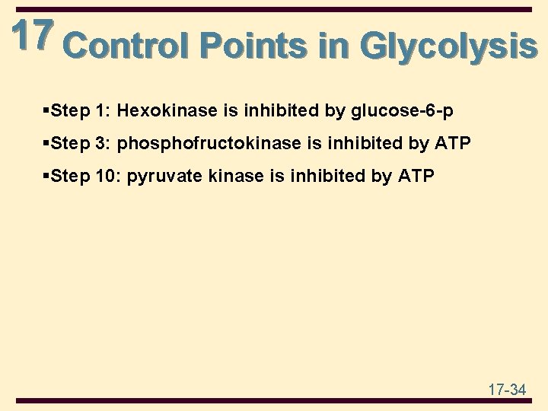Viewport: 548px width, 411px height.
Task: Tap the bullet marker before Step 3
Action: coord(48,144)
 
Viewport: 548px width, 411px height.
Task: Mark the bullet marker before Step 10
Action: coord(48,177)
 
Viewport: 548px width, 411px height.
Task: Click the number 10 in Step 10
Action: coord(107,177)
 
